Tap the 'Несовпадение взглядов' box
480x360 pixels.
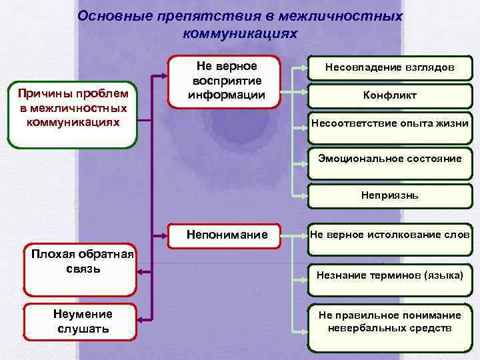click(x=390, y=67)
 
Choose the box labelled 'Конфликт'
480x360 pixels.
click(x=390, y=95)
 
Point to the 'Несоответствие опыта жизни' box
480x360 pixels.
click(x=390, y=123)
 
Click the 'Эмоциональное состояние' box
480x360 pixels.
click(x=390, y=159)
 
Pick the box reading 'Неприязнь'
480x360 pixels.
click(x=390, y=197)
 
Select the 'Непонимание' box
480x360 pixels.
click(x=227, y=235)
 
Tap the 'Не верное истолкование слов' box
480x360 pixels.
click(x=390, y=234)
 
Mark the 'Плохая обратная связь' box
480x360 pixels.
click(x=79, y=270)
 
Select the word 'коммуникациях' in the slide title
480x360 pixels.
click(x=239, y=32)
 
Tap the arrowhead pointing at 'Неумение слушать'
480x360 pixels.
click(x=140, y=321)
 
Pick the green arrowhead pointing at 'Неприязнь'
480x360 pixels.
click(x=304, y=197)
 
